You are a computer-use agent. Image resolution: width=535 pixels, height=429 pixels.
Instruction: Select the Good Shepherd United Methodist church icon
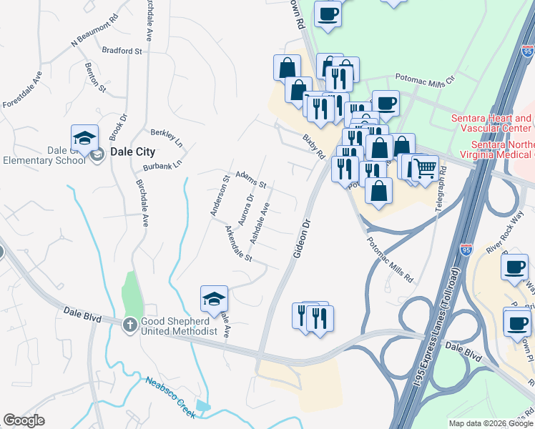pos(129,324)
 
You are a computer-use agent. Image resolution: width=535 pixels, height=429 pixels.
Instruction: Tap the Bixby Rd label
pos(313,144)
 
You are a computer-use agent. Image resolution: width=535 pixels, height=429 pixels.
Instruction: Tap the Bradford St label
pos(122,51)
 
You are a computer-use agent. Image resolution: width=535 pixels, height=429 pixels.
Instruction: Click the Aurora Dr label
pos(246,209)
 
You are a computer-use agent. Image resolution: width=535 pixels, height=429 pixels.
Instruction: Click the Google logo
pos(24,420)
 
